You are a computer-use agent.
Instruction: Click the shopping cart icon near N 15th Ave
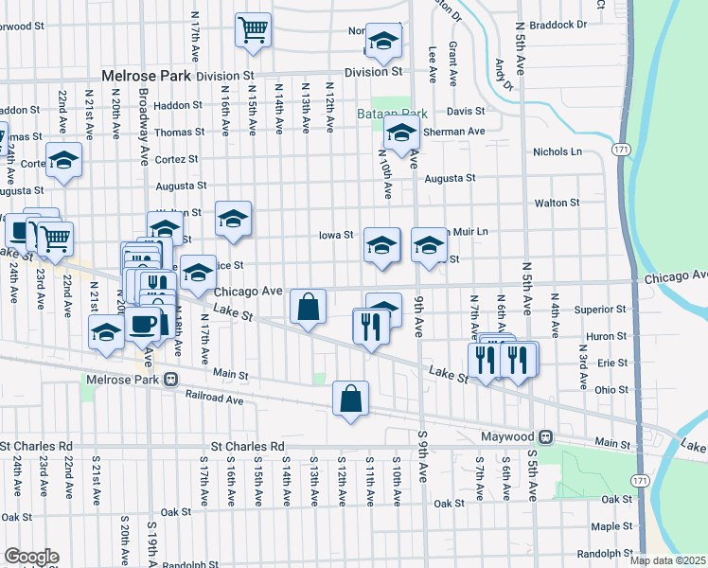[x=253, y=29]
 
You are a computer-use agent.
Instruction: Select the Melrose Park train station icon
[x=170, y=380]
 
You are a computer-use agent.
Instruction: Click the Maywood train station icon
[x=545, y=437]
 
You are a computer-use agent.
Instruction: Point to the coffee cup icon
[x=142, y=324]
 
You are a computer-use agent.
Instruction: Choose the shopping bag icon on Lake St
[x=309, y=307]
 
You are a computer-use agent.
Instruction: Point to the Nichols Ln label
[x=558, y=151]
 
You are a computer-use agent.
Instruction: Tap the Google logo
[x=31, y=557]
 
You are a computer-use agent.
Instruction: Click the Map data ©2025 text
[x=667, y=560]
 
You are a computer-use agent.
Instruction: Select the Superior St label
[x=594, y=309]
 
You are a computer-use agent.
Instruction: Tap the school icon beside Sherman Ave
[x=401, y=134]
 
